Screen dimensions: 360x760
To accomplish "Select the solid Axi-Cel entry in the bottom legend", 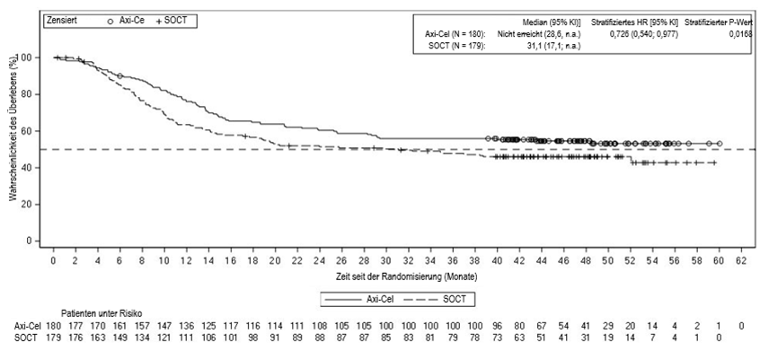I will point(355,297).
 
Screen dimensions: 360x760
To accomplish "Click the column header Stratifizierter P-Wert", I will point(719,20).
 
